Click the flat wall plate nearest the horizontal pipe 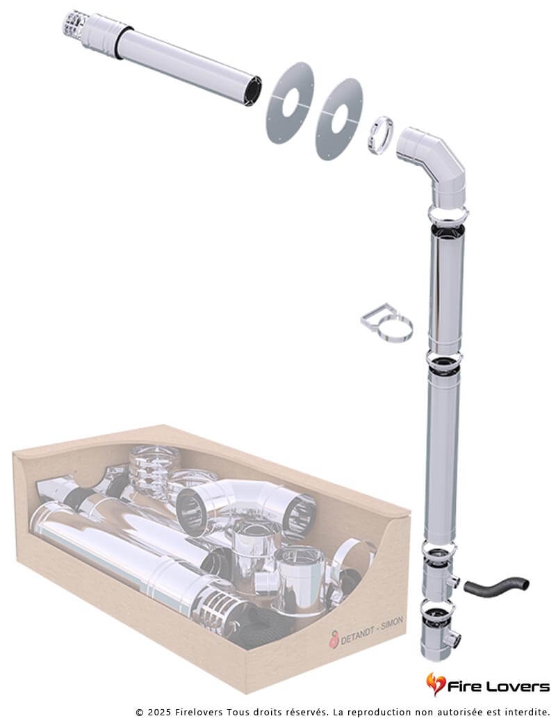(x=290, y=102)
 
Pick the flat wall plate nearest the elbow (x=339, y=119)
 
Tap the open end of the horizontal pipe (x=253, y=90)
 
